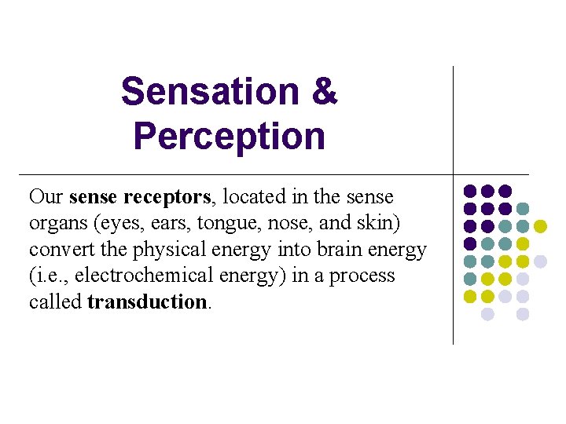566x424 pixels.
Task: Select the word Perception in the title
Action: tap(229, 136)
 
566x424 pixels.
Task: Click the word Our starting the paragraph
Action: tap(46, 197)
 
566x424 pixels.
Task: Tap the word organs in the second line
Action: tap(57, 224)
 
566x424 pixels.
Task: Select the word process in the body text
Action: tap(368, 276)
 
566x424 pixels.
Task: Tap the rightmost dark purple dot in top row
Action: tap(505, 191)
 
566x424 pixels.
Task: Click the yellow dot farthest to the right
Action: tap(540, 226)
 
